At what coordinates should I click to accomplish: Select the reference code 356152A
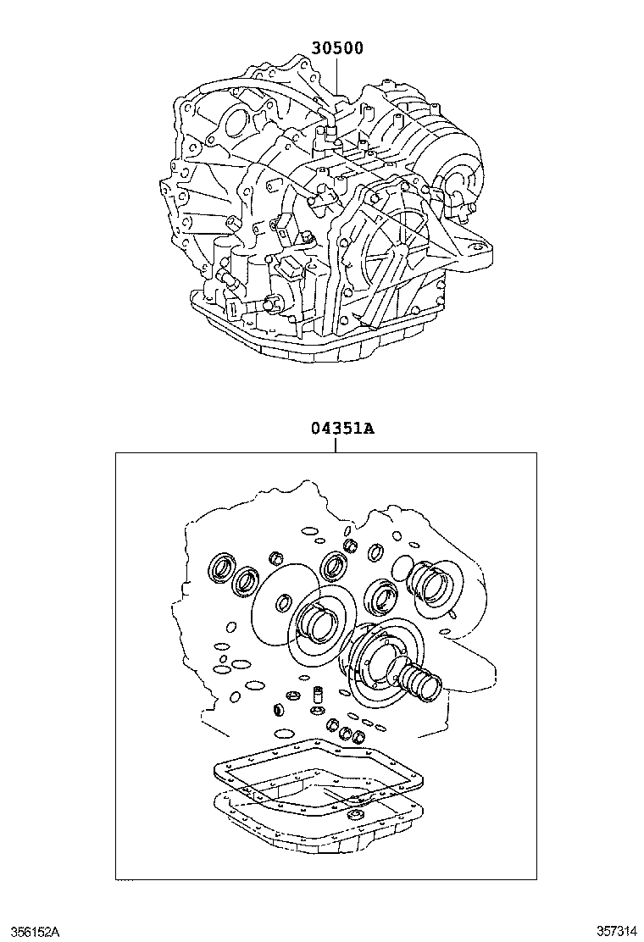31,931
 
